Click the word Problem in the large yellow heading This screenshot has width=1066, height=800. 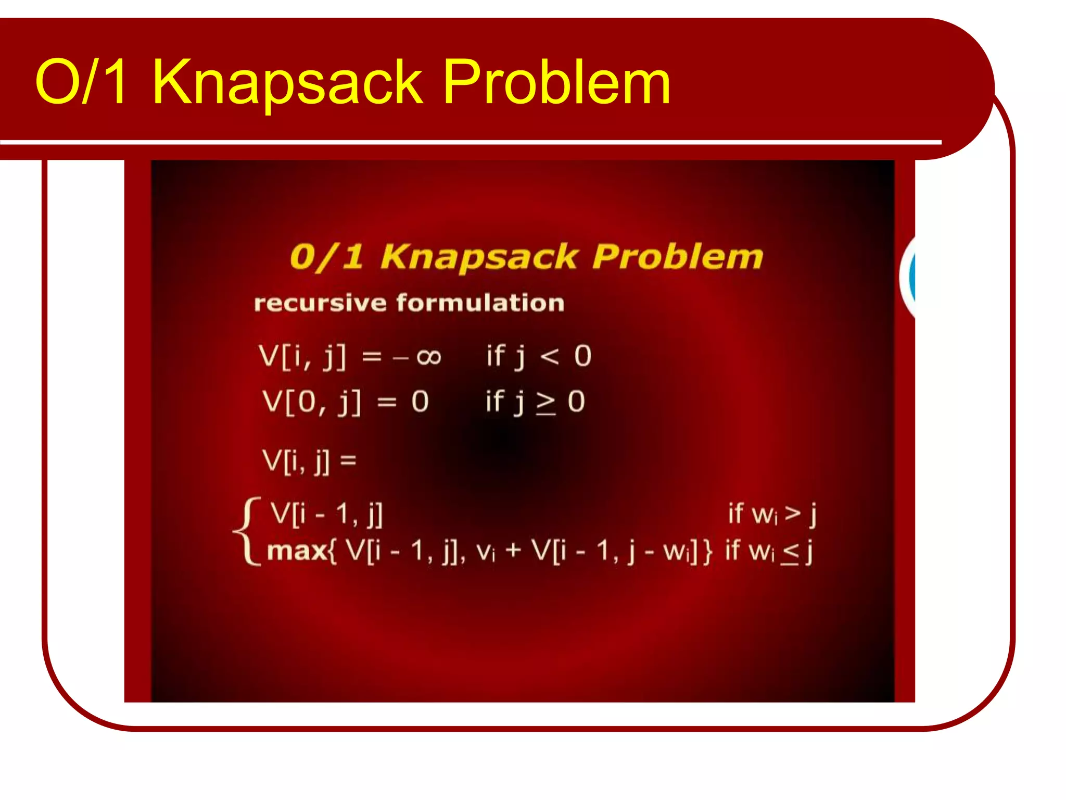click(x=556, y=82)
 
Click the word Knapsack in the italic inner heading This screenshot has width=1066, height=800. click(x=479, y=257)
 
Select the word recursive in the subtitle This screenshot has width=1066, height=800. click(x=320, y=303)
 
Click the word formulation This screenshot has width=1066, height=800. click(x=480, y=303)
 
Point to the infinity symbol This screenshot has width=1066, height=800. click(x=429, y=357)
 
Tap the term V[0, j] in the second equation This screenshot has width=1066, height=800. click(x=311, y=402)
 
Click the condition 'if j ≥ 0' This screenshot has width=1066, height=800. click(x=535, y=402)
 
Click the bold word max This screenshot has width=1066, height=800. click(x=297, y=551)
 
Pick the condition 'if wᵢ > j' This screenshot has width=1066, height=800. click(x=772, y=514)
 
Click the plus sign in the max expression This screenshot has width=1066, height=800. click(x=513, y=551)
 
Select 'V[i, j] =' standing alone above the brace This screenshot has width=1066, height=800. click(x=309, y=460)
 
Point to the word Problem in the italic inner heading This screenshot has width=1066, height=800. click(x=677, y=256)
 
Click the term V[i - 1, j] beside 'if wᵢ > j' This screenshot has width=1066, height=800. click(x=326, y=514)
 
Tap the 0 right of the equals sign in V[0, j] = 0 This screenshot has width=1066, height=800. click(x=420, y=402)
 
